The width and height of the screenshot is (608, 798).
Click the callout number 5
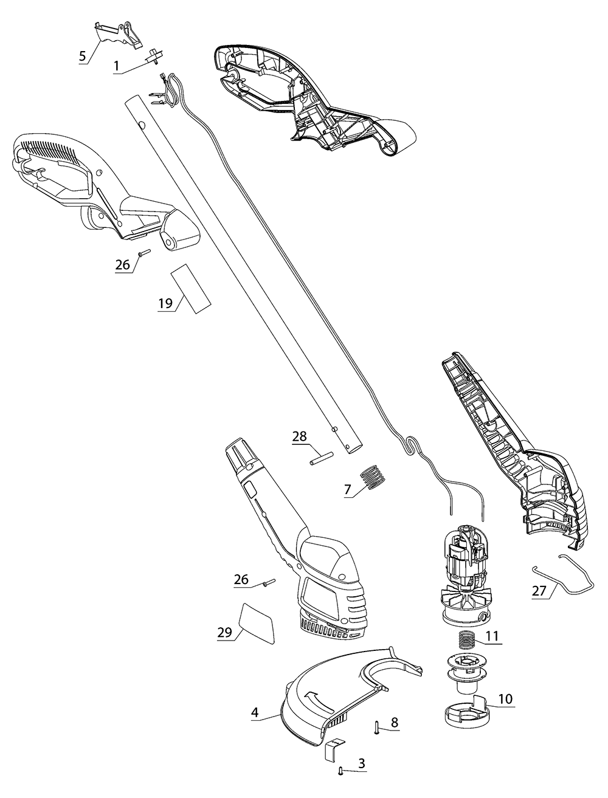[x=83, y=56]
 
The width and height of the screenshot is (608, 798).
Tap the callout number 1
[x=116, y=66]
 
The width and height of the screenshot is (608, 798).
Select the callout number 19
[x=165, y=303]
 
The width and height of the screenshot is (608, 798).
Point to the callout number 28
[x=299, y=436]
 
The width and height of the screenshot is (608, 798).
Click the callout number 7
[x=347, y=490]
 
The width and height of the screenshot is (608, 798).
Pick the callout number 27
[x=539, y=591]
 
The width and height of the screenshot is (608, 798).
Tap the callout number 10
[x=505, y=698]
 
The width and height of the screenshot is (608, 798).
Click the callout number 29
[x=225, y=632]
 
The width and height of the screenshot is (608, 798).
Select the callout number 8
[x=395, y=722]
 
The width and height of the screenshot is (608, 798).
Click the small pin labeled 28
[x=322, y=458]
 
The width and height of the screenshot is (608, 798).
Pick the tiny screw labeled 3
[x=340, y=767]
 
